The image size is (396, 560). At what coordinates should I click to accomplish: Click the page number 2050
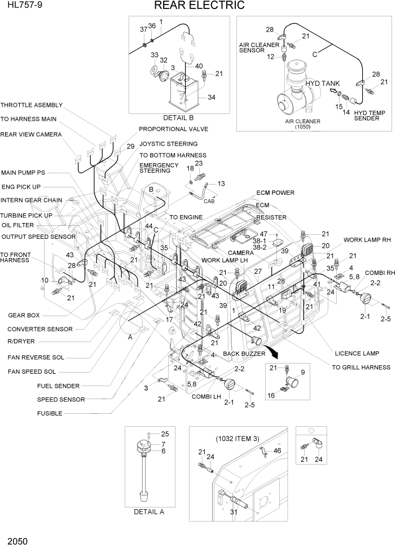17,541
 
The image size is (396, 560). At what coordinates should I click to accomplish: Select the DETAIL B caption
178,118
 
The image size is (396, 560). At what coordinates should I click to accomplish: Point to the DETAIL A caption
149,512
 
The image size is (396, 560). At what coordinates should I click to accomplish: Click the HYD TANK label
323,83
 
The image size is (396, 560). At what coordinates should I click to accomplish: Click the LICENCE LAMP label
357,353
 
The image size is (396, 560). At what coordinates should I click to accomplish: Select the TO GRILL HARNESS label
360,368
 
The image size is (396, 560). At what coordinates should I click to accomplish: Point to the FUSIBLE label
50,413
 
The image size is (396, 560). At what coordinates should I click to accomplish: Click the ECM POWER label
275,193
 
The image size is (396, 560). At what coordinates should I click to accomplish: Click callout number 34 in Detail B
211,97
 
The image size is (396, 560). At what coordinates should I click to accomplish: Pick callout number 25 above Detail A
165,434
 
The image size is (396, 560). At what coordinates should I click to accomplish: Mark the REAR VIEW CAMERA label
30,134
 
